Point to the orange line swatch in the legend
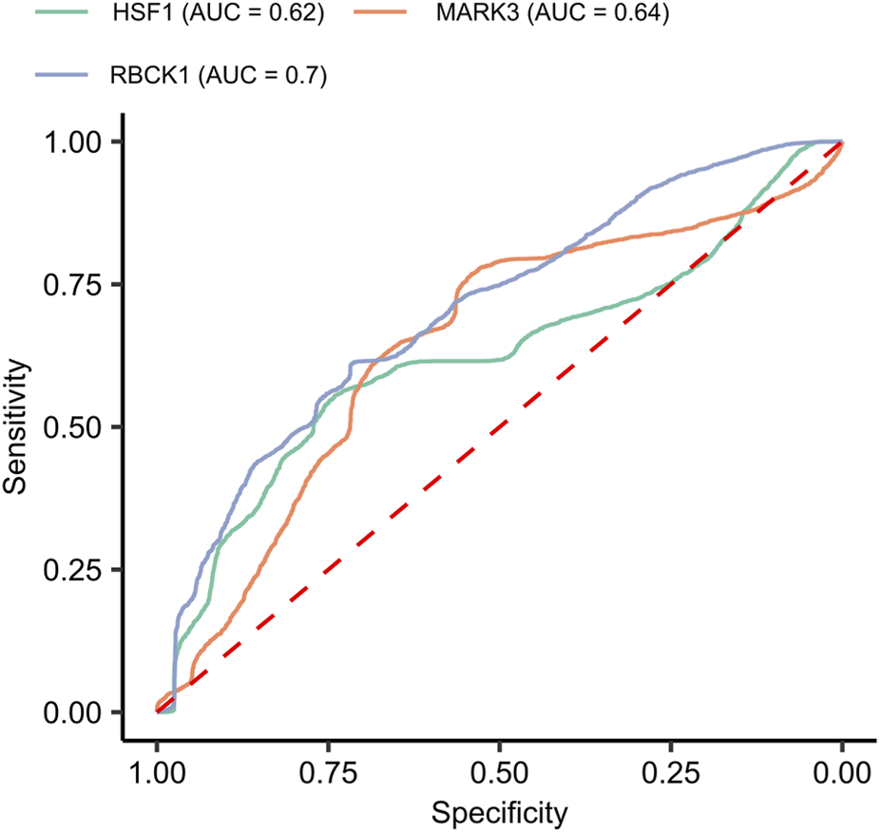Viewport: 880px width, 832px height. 392,14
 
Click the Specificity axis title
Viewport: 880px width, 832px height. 499,813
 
